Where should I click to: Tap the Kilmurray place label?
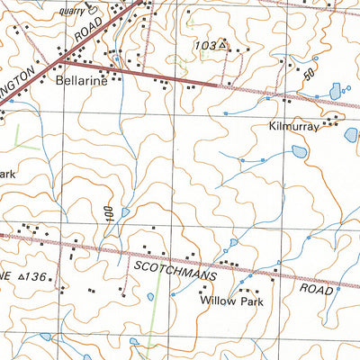pos(294,128)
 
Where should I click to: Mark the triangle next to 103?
pos(222,43)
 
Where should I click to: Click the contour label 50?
pos(311,76)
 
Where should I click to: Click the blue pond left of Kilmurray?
pos(298,151)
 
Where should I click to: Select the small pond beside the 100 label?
pos(125,212)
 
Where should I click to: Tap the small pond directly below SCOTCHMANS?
pos(150,296)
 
